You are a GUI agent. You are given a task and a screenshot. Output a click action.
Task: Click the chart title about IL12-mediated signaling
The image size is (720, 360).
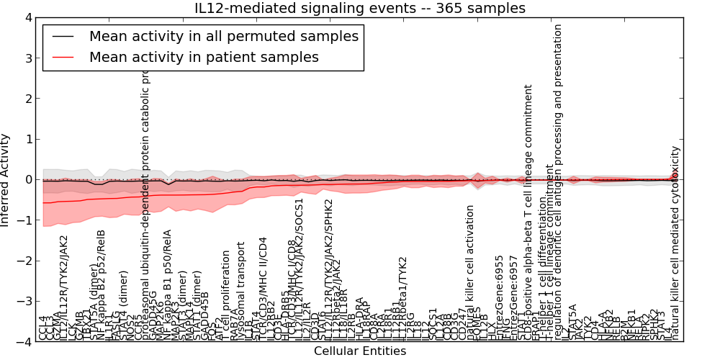pos(359,9)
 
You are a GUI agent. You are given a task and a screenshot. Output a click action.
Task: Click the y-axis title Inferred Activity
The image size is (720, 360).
pos(6,179)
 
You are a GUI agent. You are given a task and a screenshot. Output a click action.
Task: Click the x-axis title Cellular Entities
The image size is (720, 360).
pos(359,351)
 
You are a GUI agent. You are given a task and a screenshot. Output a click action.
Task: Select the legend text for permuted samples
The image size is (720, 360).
pos(223,36)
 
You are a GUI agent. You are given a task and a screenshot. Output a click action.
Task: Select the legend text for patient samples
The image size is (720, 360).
pos(204,57)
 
